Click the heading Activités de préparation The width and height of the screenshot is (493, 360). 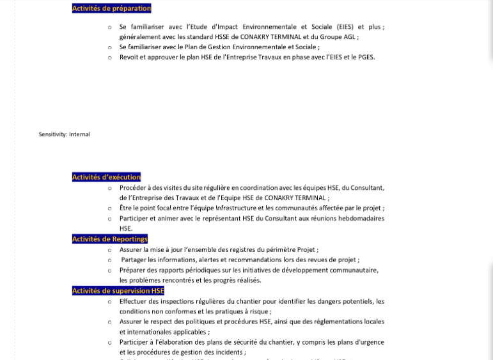coord(111,8)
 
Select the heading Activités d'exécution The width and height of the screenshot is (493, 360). coord(106,177)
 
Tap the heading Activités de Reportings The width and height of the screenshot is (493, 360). coord(109,239)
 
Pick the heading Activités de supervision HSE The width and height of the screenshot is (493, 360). coord(118,291)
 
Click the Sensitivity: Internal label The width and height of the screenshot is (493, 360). coord(64,134)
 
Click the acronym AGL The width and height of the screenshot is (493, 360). coord(348,36)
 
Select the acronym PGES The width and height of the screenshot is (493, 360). coord(366,57)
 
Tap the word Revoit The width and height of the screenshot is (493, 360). coord(129,57)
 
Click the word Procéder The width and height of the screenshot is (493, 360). coord(133,188)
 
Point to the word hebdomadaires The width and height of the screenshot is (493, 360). coord(362,219)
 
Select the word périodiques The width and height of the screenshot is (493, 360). coord(192,270)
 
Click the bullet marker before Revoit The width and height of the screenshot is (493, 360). coord(110,57)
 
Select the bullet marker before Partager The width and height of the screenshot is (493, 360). coord(110,260)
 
